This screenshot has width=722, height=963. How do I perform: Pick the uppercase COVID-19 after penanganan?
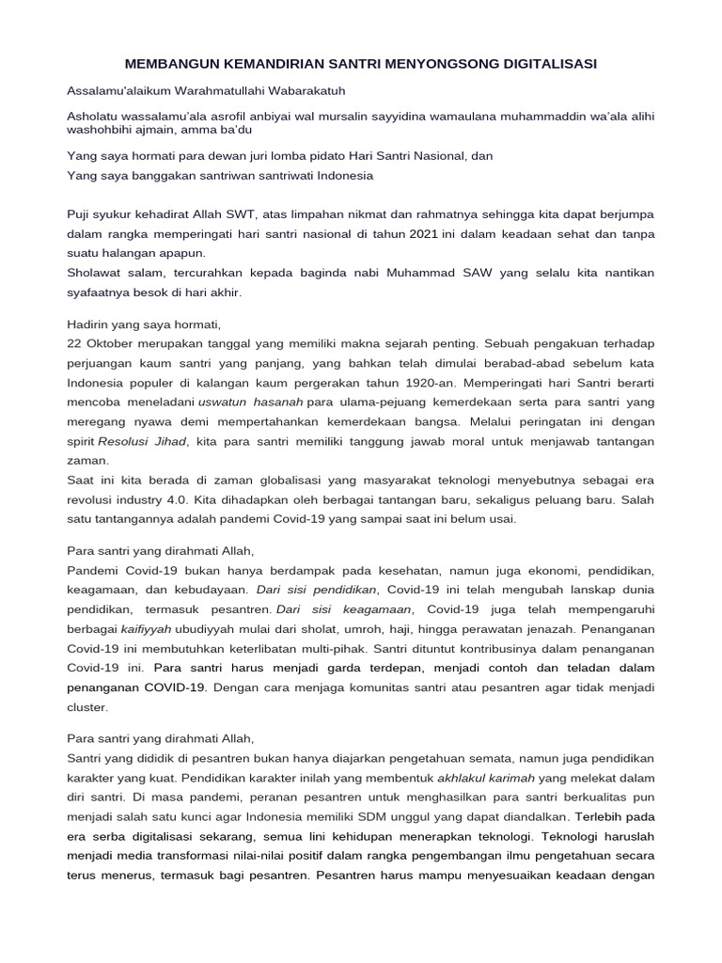click(173, 687)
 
